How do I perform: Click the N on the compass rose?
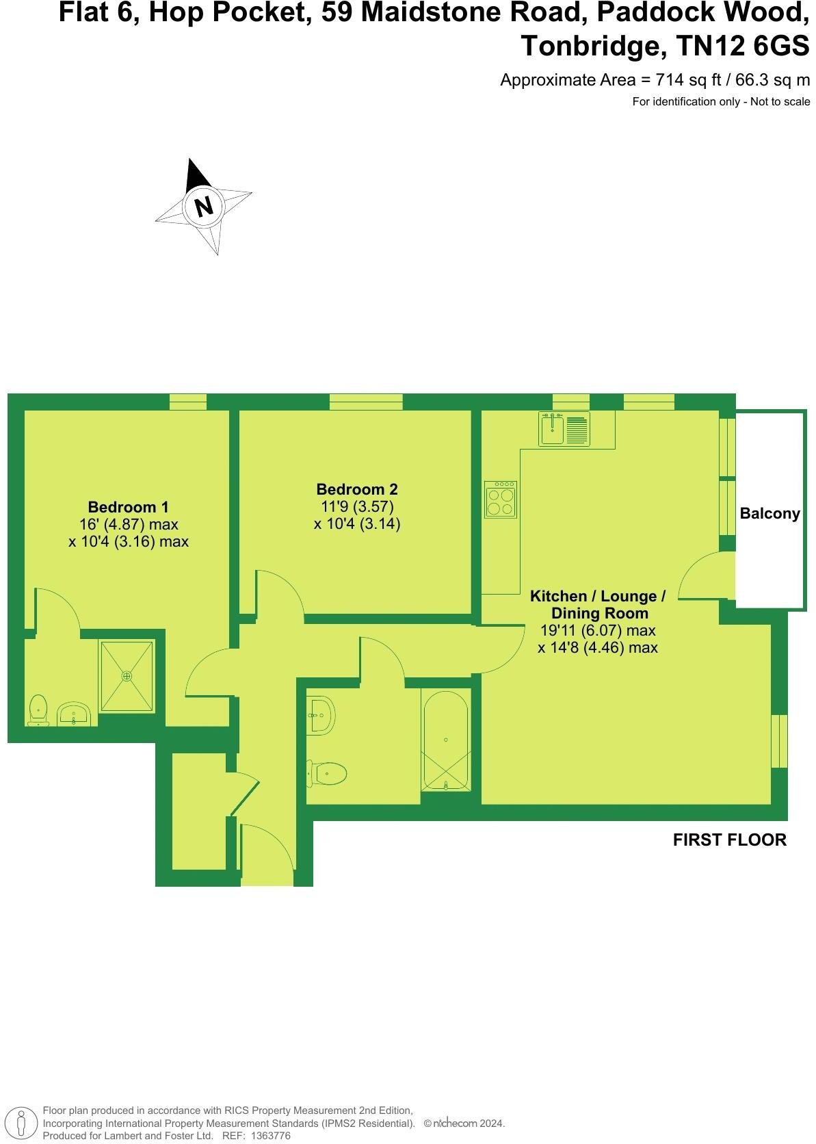(x=203, y=205)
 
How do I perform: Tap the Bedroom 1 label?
(x=128, y=507)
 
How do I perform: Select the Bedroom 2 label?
(x=356, y=489)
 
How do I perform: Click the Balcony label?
(x=769, y=513)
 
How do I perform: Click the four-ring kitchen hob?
(x=500, y=500)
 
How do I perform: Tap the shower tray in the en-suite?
(x=127, y=675)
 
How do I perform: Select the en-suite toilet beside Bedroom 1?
(x=38, y=709)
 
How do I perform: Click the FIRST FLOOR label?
(x=729, y=840)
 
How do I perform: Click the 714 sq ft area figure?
(x=688, y=80)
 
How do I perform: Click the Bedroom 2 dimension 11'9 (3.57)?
(x=356, y=507)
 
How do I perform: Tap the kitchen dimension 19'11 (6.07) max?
(x=597, y=630)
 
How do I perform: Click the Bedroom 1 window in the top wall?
(x=187, y=402)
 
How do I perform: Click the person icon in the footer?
(x=22, y=1123)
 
